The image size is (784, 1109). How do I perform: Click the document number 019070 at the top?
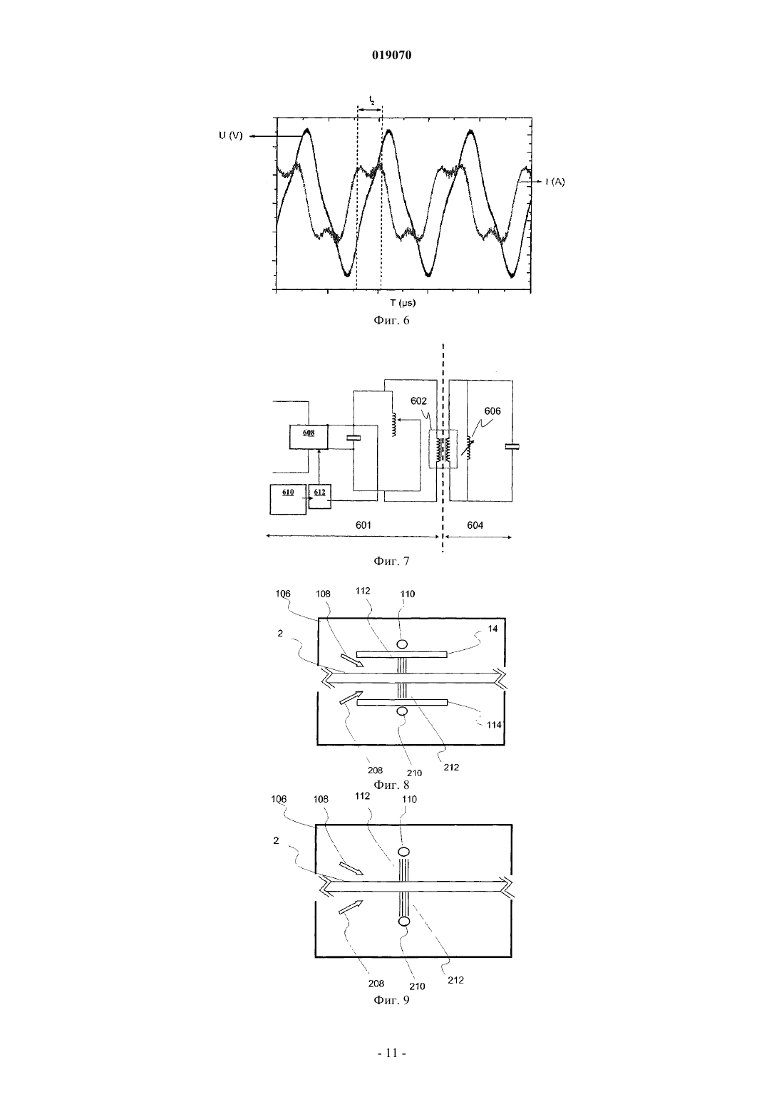pyautogui.click(x=391, y=56)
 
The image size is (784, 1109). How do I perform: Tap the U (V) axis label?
pyautogui.click(x=231, y=135)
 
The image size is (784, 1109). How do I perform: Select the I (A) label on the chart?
pyautogui.click(x=555, y=182)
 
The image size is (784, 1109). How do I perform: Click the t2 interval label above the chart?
pyautogui.click(x=372, y=101)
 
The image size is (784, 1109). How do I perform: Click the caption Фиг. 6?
pyautogui.click(x=391, y=320)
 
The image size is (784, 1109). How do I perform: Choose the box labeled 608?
pyautogui.click(x=309, y=437)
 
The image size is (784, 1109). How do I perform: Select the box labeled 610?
pyautogui.click(x=288, y=499)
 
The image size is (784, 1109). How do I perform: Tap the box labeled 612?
pyautogui.click(x=320, y=496)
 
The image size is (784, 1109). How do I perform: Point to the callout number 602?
pyautogui.click(x=419, y=401)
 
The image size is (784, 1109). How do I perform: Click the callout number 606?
pyautogui.click(x=492, y=411)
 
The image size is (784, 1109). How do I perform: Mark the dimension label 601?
pyautogui.click(x=363, y=525)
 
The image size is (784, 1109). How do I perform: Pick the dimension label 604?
pyautogui.click(x=475, y=525)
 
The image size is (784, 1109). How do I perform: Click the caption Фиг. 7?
pyautogui.click(x=391, y=561)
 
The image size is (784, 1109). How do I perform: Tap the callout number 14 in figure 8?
pyautogui.click(x=492, y=629)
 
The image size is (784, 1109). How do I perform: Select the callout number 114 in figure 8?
pyautogui.click(x=494, y=725)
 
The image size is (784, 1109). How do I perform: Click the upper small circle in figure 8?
pyautogui.click(x=402, y=644)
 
